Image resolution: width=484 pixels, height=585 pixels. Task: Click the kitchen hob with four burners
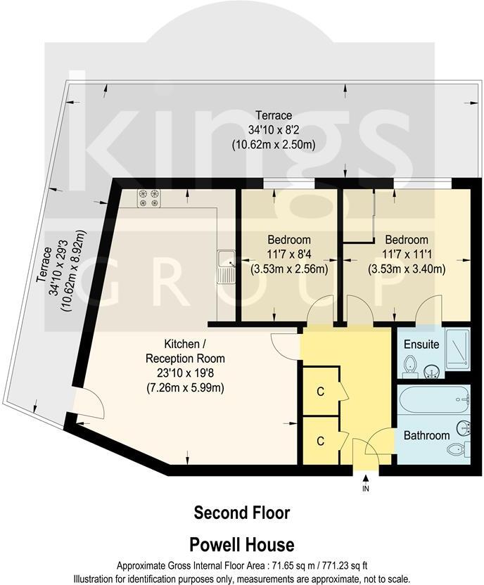pos(148,198)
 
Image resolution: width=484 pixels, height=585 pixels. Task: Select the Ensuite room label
pos(421,345)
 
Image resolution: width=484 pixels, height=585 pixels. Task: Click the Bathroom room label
pos(426,435)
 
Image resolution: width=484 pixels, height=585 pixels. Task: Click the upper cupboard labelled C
pos(320,391)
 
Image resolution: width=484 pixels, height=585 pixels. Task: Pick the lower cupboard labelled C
pos(320,441)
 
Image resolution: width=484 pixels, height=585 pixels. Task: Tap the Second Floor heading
pos(241,513)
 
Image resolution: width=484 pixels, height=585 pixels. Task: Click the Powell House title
pos(241,544)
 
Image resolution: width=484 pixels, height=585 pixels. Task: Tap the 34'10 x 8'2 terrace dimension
pos(273,130)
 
